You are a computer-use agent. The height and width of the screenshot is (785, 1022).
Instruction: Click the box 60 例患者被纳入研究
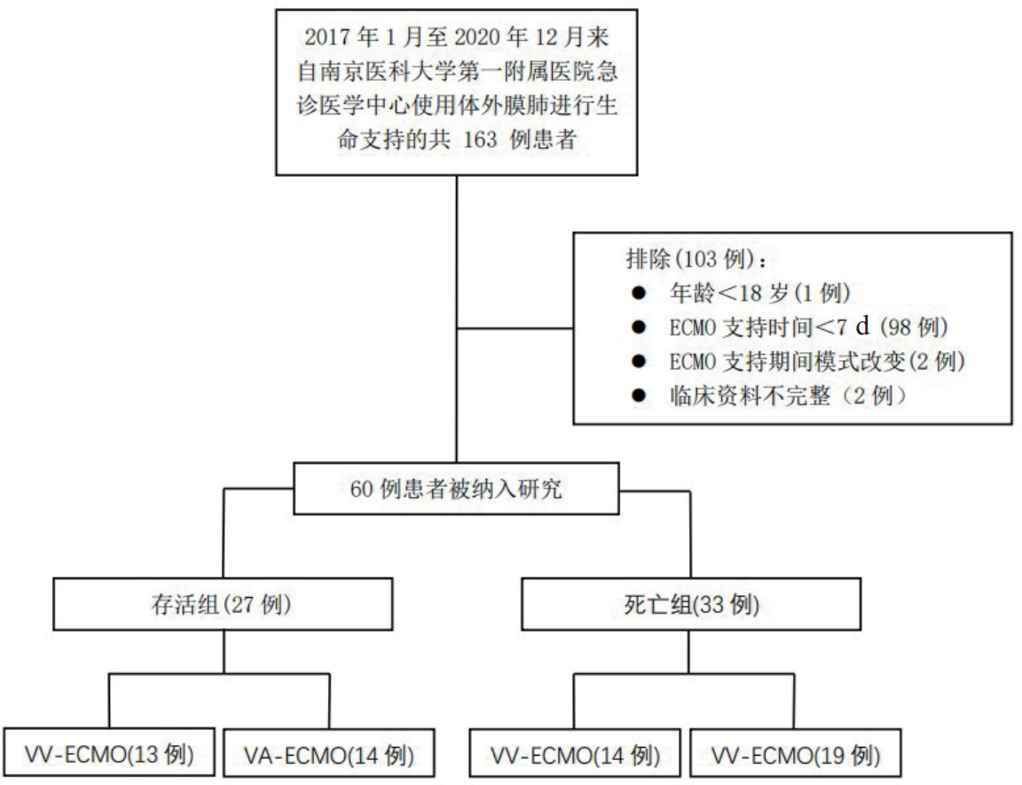(x=456, y=489)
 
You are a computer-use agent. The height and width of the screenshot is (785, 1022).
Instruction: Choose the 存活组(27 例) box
(x=223, y=605)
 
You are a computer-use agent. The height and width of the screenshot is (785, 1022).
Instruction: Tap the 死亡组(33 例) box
(x=690, y=605)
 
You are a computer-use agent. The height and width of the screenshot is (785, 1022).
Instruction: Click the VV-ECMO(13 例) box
(x=109, y=755)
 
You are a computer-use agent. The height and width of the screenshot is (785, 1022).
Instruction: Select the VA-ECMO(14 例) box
(x=328, y=756)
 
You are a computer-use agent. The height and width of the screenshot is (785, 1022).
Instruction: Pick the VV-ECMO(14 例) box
(x=576, y=756)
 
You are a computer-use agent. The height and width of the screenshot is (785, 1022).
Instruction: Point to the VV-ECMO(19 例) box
(x=795, y=756)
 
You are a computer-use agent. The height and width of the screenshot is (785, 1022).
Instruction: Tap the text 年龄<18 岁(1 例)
(x=762, y=294)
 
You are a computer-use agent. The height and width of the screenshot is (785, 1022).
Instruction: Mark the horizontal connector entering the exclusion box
(x=515, y=329)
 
